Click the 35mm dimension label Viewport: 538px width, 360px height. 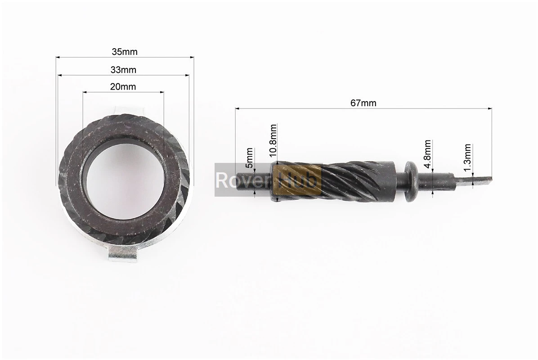pos(125,52)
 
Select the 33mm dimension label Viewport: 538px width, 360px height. pos(124,70)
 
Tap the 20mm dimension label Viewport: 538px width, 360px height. pos(123,87)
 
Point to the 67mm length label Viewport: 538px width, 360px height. pos(363,103)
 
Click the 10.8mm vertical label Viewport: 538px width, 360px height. pos(273,140)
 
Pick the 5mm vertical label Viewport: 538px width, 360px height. pos(250,158)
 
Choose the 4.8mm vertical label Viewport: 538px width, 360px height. pos(427,154)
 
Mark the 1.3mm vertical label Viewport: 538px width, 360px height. pos(467,158)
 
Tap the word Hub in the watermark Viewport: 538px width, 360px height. pos(299,180)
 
